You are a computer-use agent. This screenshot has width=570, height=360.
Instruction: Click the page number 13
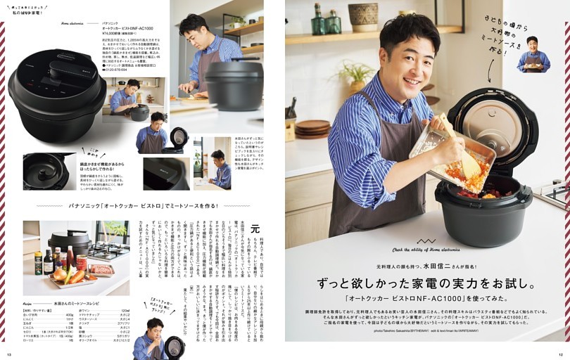coord(9,354)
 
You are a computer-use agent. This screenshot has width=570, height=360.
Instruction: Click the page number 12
coord(561,354)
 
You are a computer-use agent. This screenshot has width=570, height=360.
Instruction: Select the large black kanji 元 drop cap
coord(255,229)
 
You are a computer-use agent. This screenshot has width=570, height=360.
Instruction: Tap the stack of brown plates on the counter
coord(312,128)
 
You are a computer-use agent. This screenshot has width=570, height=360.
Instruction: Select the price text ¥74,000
coord(113,33)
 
